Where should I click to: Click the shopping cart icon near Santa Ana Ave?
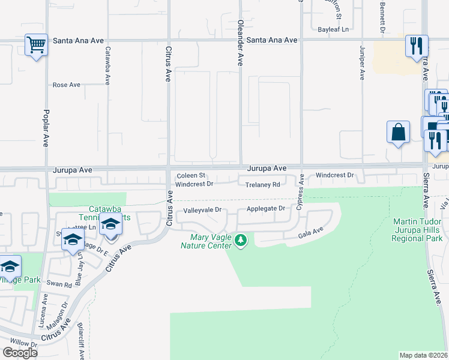pyautogui.click(x=37, y=45)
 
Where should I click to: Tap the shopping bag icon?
pyautogui.click(x=399, y=132)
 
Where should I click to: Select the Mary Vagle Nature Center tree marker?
pyautogui.click(x=241, y=241)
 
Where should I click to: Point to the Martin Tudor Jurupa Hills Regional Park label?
pyautogui.click(x=417, y=230)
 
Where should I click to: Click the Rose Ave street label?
pyautogui.click(x=67, y=85)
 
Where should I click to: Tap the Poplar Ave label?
pyautogui.click(x=46, y=128)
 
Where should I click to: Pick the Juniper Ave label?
pyautogui.click(x=362, y=62)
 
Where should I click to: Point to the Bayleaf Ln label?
pyautogui.click(x=333, y=29)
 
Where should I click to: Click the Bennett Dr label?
pyautogui.click(x=382, y=16)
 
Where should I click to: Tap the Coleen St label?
pyautogui.click(x=191, y=175)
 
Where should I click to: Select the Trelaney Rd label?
pyautogui.click(x=263, y=185)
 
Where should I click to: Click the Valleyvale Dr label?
pyautogui.click(x=203, y=210)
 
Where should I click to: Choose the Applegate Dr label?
pyautogui.click(x=266, y=209)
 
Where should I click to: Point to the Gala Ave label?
pyautogui.click(x=311, y=233)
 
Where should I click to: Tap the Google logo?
pyautogui.click(x=20, y=353)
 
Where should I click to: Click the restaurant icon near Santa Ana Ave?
pyautogui.click(x=416, y=46)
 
